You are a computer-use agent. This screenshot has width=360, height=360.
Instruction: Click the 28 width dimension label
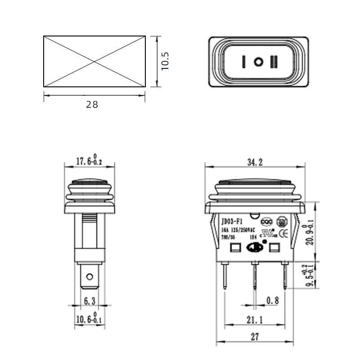92,104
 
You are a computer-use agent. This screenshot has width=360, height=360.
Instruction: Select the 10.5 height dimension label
165,61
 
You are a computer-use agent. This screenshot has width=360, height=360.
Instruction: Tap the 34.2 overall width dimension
254,163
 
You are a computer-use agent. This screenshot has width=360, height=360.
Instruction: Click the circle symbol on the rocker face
258,62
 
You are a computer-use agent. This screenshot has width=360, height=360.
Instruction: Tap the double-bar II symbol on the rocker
274,62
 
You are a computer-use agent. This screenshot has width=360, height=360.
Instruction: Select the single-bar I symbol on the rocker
243,62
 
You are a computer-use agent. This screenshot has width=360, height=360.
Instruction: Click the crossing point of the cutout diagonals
94,61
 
